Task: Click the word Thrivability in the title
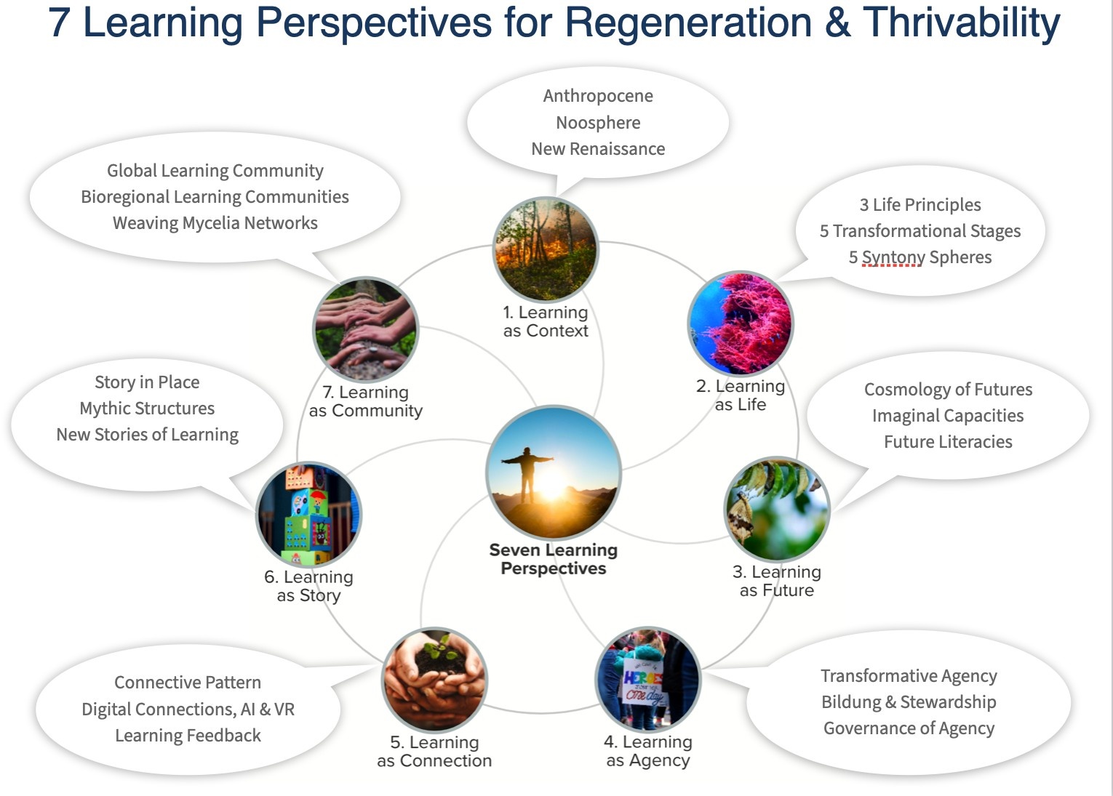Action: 962,23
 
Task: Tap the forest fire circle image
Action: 546,249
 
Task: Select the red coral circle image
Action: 741,324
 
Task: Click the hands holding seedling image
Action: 434,679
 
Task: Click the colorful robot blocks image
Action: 308,515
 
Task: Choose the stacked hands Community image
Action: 365,329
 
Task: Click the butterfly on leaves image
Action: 777,510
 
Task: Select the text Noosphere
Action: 598,123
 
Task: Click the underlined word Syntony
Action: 891,257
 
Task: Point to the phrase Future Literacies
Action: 948,442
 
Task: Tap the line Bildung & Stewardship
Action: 909,702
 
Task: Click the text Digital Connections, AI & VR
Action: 188,709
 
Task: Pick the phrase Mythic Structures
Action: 147,409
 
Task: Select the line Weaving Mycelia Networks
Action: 215,223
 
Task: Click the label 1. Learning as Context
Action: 546,322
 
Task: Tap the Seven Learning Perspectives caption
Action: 553,559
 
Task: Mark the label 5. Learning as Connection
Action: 434,752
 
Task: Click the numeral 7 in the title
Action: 59,23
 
